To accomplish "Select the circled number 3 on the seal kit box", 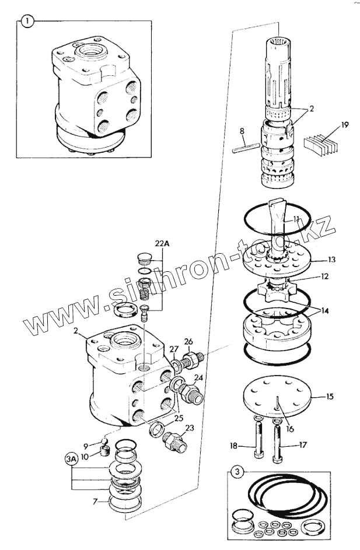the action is pos(235,471).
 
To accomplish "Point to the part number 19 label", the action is pos(345,124).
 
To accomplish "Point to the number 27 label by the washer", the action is pos(174,349).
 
